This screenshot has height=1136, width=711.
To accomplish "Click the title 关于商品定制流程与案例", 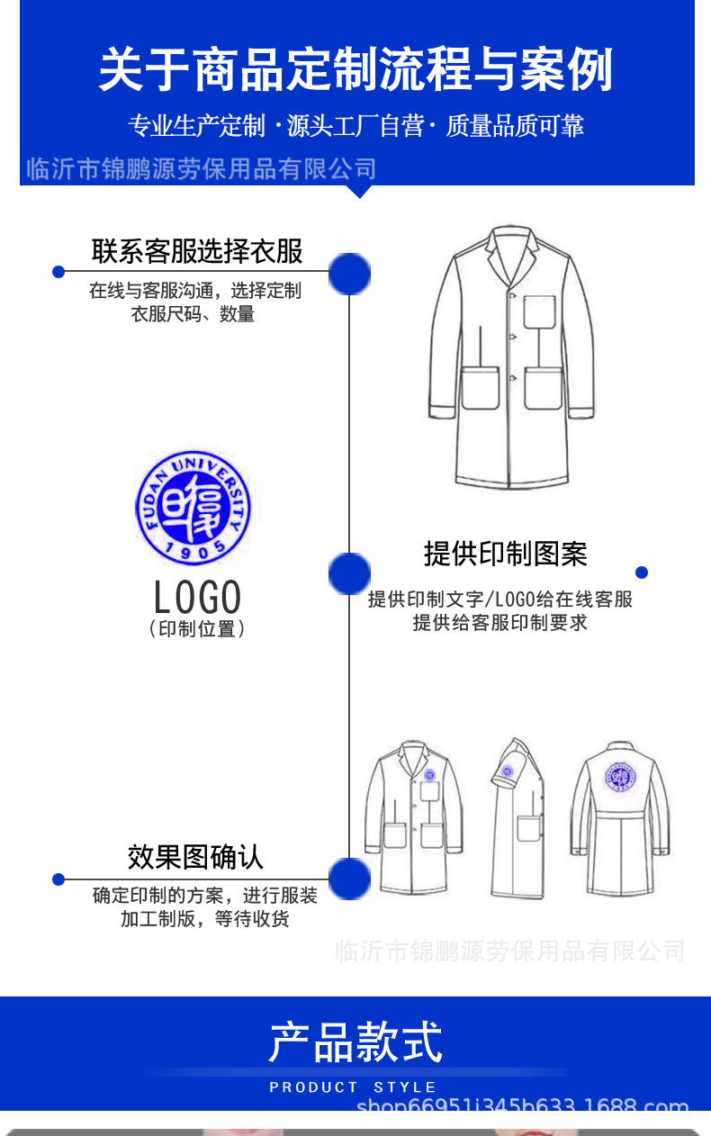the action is (x=355, y=70).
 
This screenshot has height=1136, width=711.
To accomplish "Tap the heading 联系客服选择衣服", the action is (x=197, y=251).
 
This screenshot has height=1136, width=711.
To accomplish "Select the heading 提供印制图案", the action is (x=505, y=554).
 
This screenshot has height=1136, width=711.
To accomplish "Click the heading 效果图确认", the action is (x=195, y=857).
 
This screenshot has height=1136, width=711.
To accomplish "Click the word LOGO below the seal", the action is (x=197, y=597).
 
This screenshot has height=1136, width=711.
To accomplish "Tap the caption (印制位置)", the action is (x=196, y=629).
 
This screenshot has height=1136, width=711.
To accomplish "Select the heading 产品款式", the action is (x=355, y=1041).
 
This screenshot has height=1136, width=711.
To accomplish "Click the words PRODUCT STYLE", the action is (x=353, y=1087).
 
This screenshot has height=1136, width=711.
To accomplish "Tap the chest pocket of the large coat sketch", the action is (x=539, y=311).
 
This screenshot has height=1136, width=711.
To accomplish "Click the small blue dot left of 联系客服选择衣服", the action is (x=58, y=272).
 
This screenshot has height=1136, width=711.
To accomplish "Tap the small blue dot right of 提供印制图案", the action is (x=642, y=573).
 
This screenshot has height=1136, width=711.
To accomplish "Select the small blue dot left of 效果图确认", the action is (x=58, y=879).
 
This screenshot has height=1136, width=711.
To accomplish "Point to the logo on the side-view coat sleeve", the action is (x=507, y=771).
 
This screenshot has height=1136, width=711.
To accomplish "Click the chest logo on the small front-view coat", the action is (x=429, y=774).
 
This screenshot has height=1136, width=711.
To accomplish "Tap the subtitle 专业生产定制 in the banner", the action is (x=196, y=126).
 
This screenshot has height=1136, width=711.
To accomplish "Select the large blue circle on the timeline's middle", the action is (x=349, y=573).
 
